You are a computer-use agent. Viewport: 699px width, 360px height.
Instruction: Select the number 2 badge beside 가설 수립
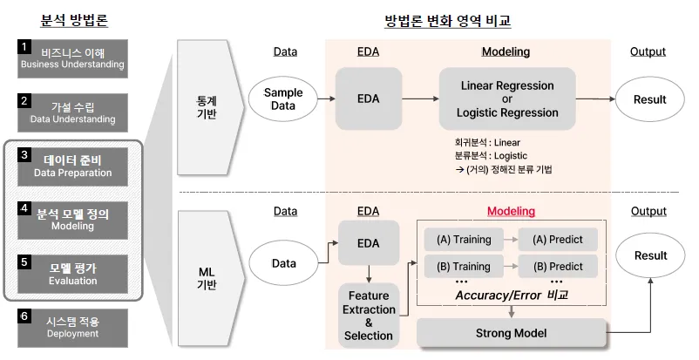(x=24, y=100)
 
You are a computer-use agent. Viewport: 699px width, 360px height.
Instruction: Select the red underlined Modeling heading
(x=511, y=211)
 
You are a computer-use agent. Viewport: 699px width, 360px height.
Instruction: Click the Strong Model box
(x=511, y=332)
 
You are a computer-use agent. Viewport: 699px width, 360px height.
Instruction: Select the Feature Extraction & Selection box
(x=369, y=315)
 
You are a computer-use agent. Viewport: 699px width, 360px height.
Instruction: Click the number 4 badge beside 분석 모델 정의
(x=24, y=209)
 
